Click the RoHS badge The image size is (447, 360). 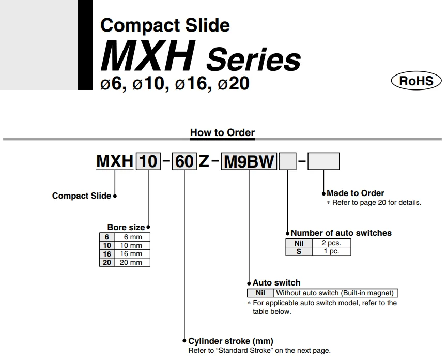coord(416,81)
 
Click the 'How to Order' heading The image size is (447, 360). coord(222,132)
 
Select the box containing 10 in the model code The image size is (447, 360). coord(148,162)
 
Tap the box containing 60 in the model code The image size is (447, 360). coord(184,162)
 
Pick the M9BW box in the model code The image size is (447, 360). coord(249,162)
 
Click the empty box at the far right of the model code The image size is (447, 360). coord(323,162)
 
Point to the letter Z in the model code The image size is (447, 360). coord(204,162)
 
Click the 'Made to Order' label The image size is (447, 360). coord(356,193)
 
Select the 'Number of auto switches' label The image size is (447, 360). coord(341,233)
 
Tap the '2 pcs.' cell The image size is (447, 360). coord(332,243)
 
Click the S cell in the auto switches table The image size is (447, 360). coord(299,251)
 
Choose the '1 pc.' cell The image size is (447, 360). coord(332,251)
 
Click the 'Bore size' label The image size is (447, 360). coord(126,228)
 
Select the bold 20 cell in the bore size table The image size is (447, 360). coord(107,262)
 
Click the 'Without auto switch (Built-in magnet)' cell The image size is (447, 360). coord(337,293)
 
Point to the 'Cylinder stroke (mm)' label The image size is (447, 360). coord(230,341)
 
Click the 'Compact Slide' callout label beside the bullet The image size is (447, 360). coord(82,196)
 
